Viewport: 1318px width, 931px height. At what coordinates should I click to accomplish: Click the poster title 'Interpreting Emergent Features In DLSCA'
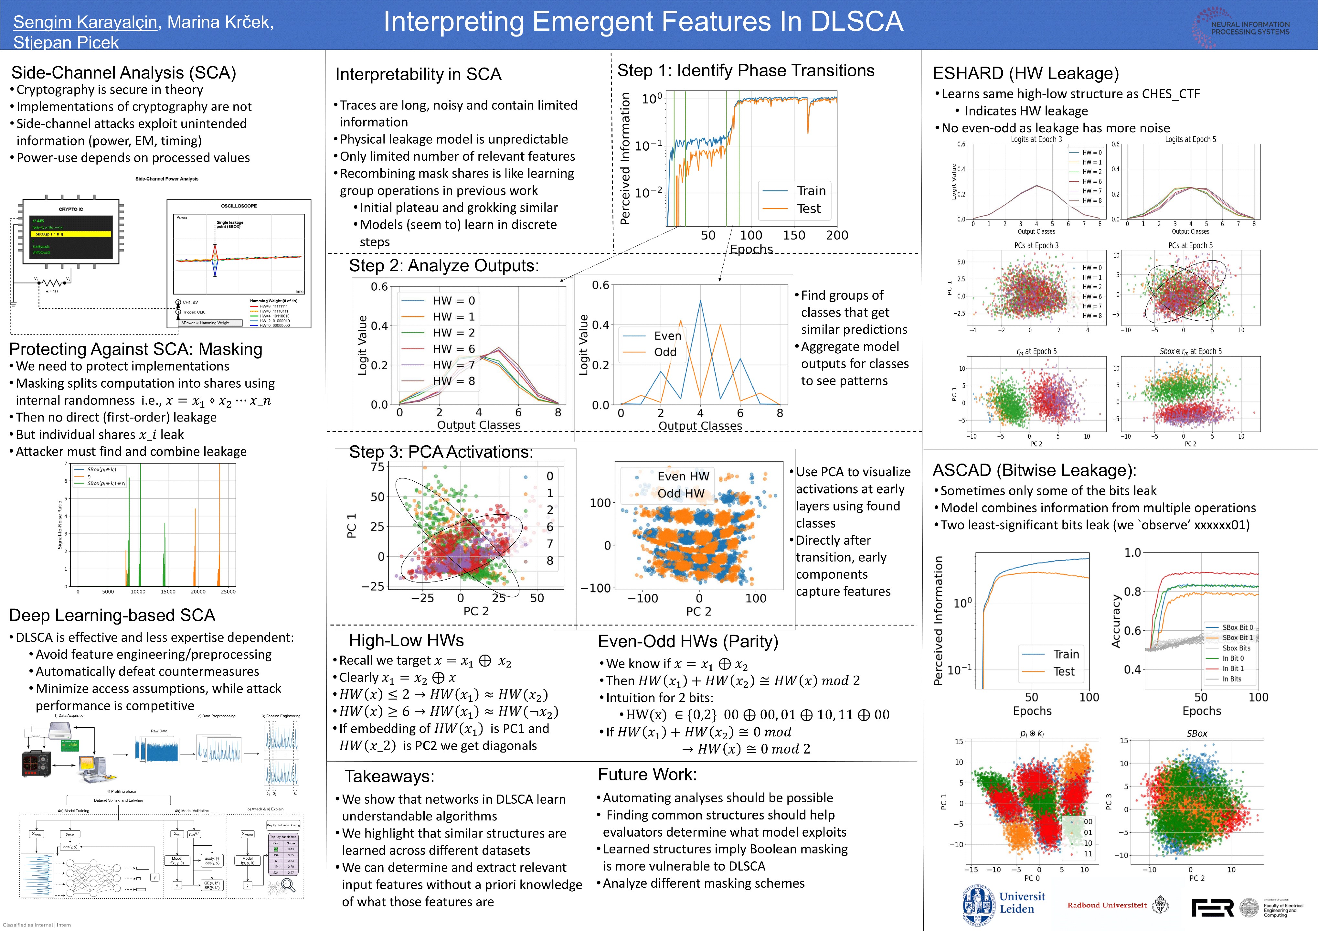643,22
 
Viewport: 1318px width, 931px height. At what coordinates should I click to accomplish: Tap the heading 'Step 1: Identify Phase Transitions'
746,70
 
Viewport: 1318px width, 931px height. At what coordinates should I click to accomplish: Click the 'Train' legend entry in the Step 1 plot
811,190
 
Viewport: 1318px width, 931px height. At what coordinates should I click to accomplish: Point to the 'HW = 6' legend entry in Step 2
453,349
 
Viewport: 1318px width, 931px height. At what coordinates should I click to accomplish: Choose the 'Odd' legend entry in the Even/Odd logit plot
665,352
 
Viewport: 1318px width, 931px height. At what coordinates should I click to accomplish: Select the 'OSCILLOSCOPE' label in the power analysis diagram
239,206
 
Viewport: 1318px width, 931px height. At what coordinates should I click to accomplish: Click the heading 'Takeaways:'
389,776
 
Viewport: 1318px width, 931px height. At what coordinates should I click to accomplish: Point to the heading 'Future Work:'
647,775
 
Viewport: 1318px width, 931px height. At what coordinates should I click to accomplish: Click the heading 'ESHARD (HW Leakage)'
1025,73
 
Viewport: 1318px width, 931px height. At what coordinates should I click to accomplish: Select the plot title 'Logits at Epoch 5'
1190,139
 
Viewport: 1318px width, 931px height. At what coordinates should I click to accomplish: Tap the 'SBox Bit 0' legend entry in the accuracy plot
1237,627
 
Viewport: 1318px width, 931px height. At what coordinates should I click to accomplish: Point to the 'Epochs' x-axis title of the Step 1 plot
751,249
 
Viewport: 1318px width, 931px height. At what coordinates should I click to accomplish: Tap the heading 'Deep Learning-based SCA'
112,615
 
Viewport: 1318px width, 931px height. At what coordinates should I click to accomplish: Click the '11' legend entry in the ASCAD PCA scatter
1087,853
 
